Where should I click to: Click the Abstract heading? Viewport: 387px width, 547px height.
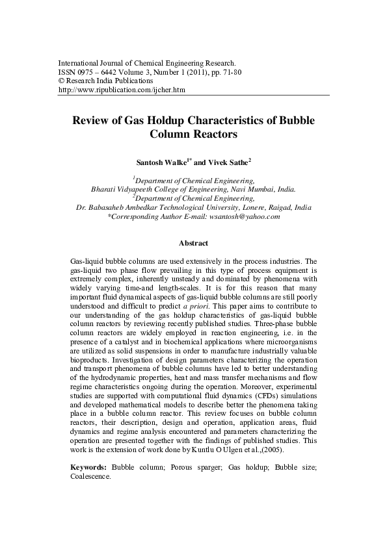tap(193, 244)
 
